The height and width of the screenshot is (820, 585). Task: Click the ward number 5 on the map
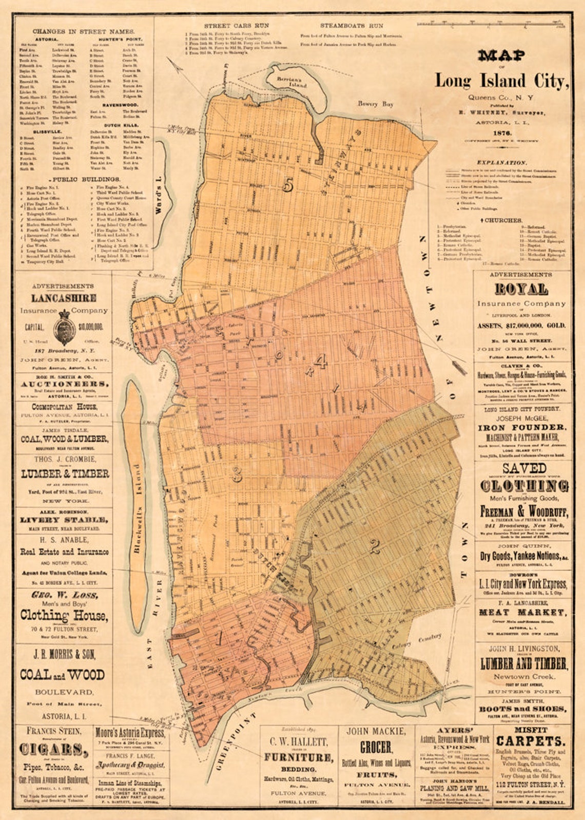click(288, 185)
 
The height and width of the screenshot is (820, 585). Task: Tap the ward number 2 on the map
click(375, 547)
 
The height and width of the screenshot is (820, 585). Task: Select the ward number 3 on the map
click(237, 474)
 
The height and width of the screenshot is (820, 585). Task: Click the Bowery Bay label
click(376, 104)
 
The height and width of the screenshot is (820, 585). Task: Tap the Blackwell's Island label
click(136, 508)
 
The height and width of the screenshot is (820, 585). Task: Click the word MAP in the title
click(502, 55)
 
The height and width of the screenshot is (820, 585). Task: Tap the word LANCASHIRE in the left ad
click(64, 298)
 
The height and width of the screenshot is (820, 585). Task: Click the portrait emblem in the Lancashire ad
click(64, 327)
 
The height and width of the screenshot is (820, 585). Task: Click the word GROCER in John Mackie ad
click(376, 748)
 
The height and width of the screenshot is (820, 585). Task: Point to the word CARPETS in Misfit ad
click(531, 741)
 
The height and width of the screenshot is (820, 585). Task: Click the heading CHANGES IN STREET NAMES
click(84, 32)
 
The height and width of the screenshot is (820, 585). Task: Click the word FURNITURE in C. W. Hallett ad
click(298, 757)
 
